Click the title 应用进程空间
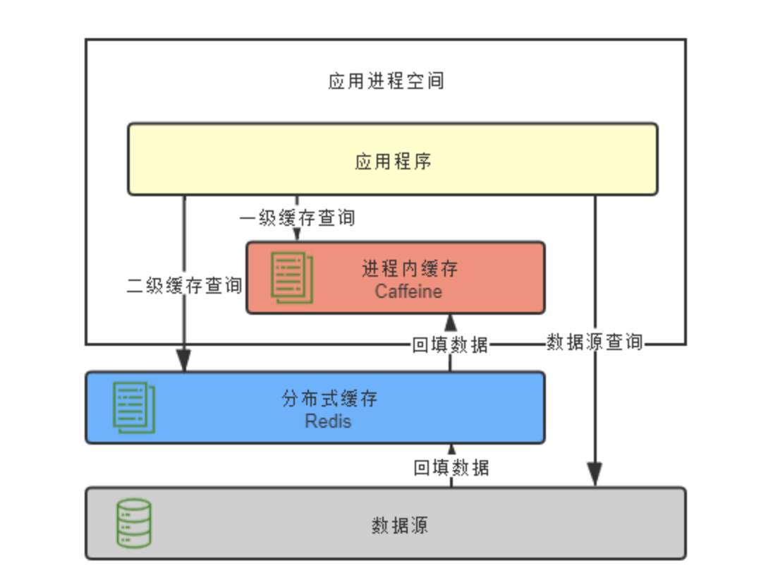coord(386,81)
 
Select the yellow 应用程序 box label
coord(393,162)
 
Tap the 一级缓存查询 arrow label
coord(297,217)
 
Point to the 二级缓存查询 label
coord(184,286)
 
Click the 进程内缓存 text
coord(410,269)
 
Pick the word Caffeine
coord(408,291)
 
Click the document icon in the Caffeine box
coord(292,277)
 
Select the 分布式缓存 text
coord(329,399)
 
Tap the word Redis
coord(329,421)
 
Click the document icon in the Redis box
coord(134,407)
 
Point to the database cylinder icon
coord(134,523)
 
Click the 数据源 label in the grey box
coord(400,525)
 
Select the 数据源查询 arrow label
coord(595,342)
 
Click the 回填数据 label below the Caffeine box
coord(450,344)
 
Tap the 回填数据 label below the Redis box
coord(451,467)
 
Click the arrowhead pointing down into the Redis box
coord(184,361)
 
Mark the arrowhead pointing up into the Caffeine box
coord(450,322)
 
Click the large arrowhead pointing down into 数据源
coord(595,474)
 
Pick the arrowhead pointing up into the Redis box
coord(451,449)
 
